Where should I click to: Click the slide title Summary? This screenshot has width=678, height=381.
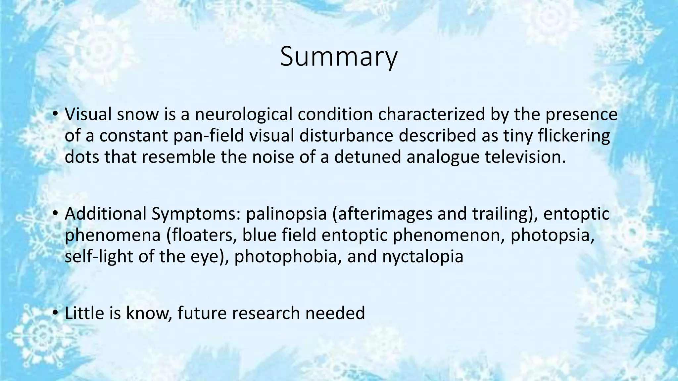338,57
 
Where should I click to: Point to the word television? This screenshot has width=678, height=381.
525,157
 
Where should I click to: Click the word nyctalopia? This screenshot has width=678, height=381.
423,256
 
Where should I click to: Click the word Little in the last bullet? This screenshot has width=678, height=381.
84,313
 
